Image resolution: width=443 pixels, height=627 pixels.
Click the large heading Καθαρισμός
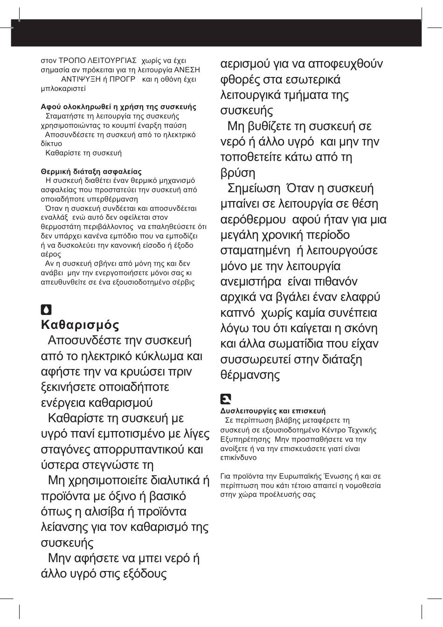pos(80,325)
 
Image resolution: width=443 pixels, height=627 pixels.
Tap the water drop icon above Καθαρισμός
pos(46,310)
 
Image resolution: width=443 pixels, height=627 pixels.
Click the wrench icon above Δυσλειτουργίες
pos(226,399)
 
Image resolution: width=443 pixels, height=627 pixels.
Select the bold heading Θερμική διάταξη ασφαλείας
pos(91,171)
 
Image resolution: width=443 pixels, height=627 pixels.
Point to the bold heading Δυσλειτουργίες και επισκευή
pos(273,411)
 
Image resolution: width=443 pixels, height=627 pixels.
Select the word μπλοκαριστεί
pos(63,88)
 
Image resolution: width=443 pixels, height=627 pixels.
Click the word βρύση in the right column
pos(238,173)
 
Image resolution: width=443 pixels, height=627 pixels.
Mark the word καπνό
pos(237,313)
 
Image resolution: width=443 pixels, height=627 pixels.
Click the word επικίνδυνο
pos(238,458)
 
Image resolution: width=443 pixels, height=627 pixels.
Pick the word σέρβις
pos(183,282)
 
